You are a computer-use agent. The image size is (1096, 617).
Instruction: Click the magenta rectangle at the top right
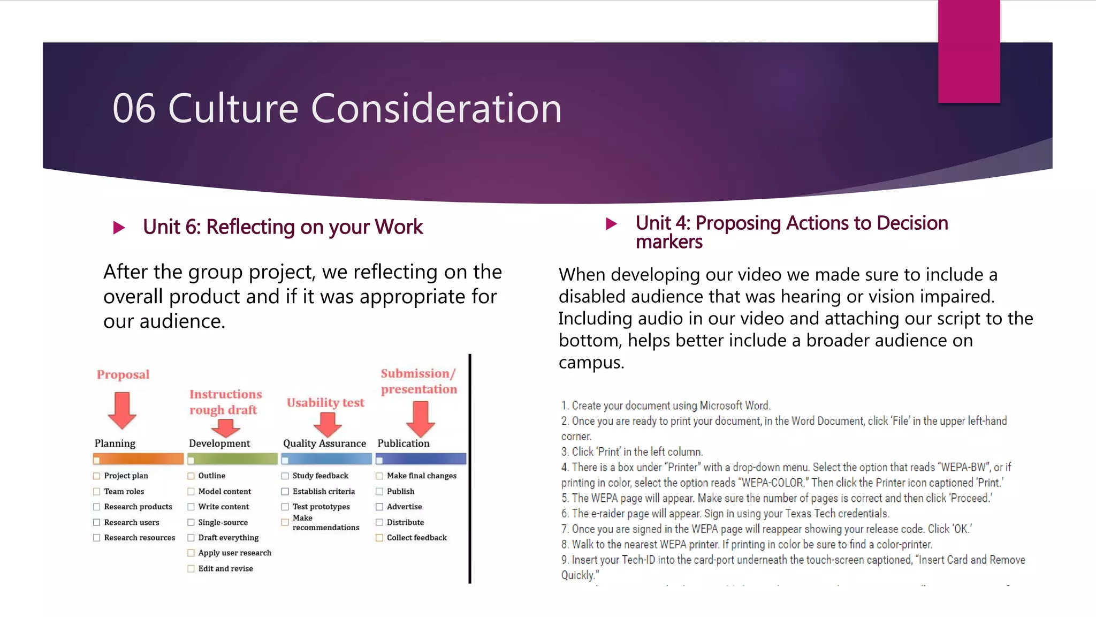(x=969, y=51)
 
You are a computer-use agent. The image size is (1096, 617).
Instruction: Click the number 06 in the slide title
(x=134, y=109)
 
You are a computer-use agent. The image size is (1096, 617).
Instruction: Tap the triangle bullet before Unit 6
(x=119, y=228)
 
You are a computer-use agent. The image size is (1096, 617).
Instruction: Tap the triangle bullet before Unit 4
(x=611, y=224)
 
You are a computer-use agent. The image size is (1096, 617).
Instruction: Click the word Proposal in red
(x=123, y=374)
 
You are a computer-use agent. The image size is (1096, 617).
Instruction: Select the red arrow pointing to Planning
(x=122, y=410)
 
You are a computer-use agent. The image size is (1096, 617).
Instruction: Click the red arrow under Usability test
(x=328, y=424)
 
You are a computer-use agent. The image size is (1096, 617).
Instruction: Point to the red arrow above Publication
(x=421, y=419)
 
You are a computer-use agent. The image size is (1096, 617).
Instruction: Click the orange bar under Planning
(x=139, y=459)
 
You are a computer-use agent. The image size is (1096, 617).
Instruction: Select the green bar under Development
(x=233, y=459)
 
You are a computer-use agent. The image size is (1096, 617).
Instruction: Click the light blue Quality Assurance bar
(x=327, y=459)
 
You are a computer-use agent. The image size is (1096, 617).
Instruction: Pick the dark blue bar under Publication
(x=421, y=459)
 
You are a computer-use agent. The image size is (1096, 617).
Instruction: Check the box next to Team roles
(x=97, y=491)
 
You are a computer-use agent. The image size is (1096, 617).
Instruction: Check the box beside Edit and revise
(x=191, y=569)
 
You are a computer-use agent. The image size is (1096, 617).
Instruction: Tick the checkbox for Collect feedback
(x=379, y=538)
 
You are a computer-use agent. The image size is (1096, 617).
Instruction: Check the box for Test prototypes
(x=285, y=507)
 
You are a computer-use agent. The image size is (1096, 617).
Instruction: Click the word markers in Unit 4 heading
(x=669, y=242)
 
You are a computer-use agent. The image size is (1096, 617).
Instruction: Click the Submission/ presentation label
(x=418, y=381)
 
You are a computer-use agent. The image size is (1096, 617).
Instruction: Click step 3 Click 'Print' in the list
(x=632, y=452)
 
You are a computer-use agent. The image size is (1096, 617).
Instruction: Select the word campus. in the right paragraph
(x=591, y=363)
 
